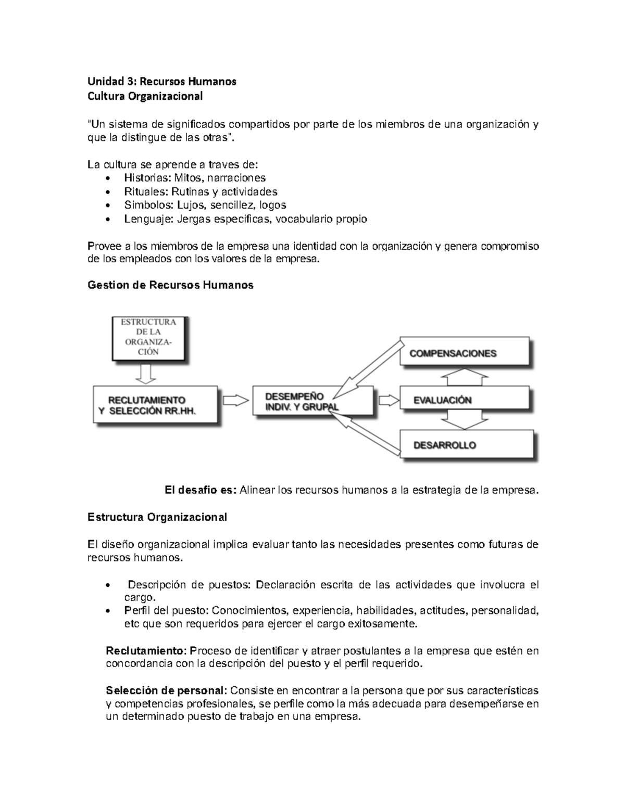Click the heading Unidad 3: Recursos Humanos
(162, 82)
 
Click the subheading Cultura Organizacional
(145, 96)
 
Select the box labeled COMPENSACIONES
(465, 353)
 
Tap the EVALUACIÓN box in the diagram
(465, 400)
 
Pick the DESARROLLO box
(466, 445)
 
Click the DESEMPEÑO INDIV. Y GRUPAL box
(312, 401)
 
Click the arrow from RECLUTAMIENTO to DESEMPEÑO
(235, 400)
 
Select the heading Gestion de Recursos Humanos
(171, 285)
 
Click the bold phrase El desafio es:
(201, 490)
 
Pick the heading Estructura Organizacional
(157, 517)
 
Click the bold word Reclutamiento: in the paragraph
(145, 651)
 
